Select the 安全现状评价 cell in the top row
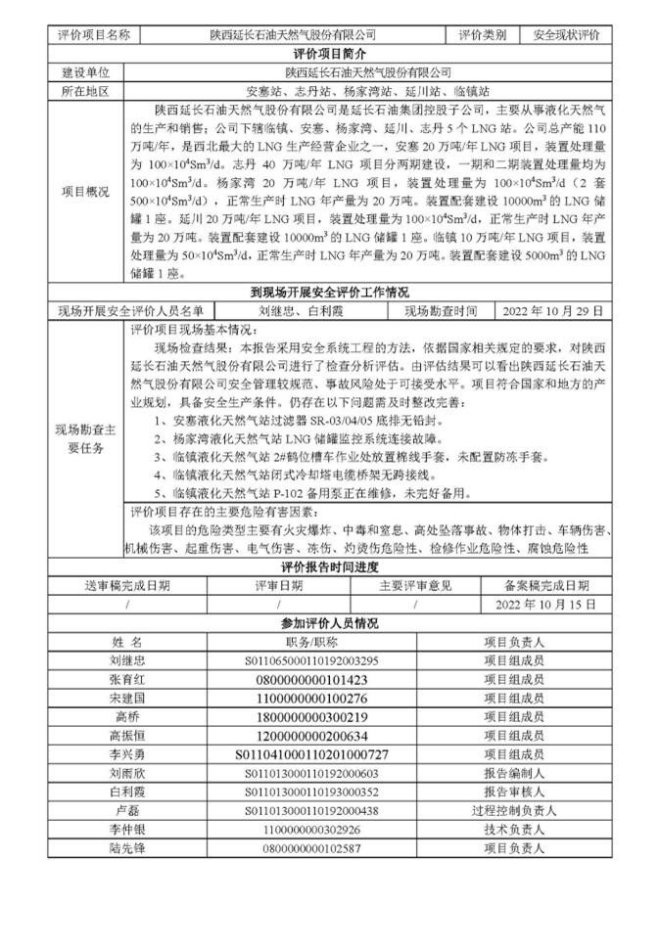point(566,34)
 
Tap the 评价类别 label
point(483,34)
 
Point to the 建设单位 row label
point(85,72)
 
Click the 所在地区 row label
point(85,91)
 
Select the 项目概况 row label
point(85,191)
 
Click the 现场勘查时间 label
point(441,310)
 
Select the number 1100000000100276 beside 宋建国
point(311,698)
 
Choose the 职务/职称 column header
point(311,642)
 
